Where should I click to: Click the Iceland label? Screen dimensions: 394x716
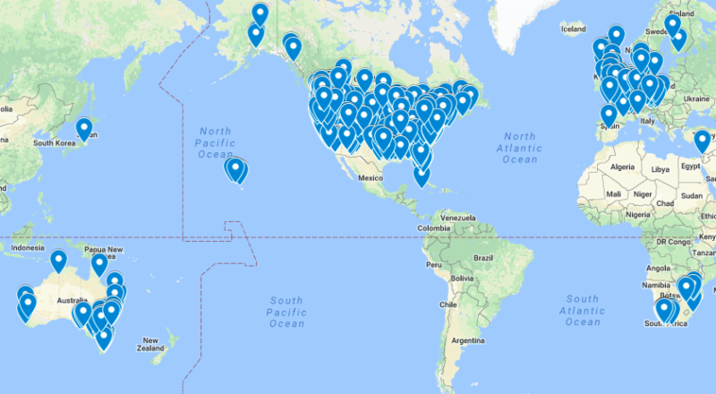(x=573, y=30)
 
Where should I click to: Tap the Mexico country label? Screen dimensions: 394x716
(x=371, y=178)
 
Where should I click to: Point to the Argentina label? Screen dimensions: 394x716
(x=466, y=341)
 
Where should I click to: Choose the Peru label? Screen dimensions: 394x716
(x=436, y=266)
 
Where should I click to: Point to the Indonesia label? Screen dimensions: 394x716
(x=28, y=247)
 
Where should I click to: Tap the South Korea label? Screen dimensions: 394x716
(x=53, y=142)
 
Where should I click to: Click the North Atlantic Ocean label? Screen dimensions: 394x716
(x=519, y=148)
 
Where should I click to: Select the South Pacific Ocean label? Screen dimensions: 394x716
(x=286, y=311)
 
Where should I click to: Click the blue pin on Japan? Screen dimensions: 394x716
(x=84, y=128)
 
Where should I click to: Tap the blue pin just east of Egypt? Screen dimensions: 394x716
(x=702, y=140)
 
